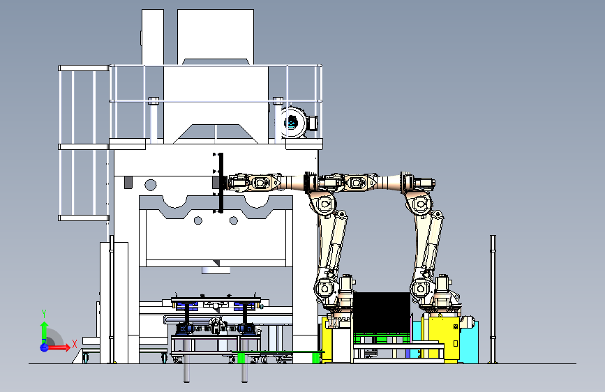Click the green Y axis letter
[x=44, y=314]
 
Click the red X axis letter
[x=75, y=344]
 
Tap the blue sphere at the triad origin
[x=44, y=347]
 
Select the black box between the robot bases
[x=382, y=312]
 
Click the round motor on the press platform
[x=293, y=122]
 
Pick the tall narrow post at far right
[x=493, y=299]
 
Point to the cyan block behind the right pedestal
[x=470, y=342]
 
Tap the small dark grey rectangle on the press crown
[x=128, y=183]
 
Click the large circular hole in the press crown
[x=151, y=185]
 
